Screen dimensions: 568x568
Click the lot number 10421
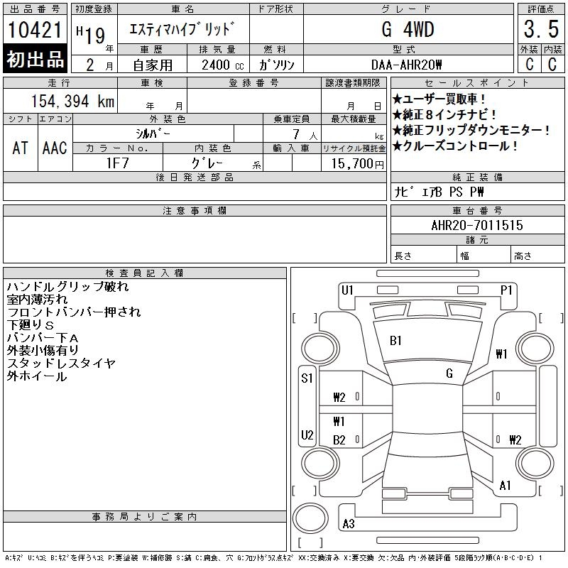pos(35,30)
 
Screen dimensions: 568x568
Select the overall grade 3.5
pos(541,31)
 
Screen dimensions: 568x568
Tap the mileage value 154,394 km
pos(73,102)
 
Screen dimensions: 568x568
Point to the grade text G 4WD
pos(408,30)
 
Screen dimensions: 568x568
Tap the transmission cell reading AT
pos(20,148)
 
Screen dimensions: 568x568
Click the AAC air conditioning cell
pos(55,148)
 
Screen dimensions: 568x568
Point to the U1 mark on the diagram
pos(347,290)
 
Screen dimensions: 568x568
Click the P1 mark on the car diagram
pos(506,290)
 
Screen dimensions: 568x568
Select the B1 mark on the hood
pos(395,341)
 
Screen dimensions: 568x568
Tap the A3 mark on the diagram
pos(349,524)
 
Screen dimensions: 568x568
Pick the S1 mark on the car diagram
pos(307,378)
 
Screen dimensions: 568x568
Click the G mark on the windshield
pos(449,373)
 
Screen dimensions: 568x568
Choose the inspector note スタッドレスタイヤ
pos(61,364)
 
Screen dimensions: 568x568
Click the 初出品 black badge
pos(35,60)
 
